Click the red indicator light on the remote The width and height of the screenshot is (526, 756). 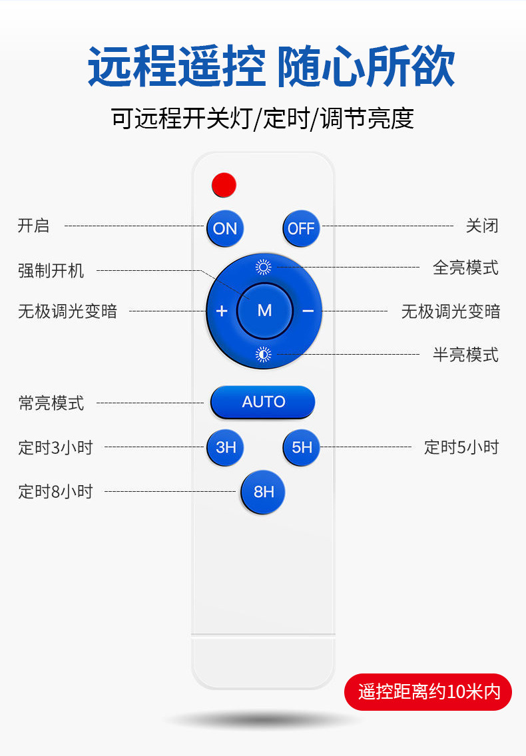tap(224, 184)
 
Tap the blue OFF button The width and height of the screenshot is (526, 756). tap(301, 228)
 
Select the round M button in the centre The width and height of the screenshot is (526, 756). tap(264, 310)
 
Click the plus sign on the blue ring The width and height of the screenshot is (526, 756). tap(222, 311)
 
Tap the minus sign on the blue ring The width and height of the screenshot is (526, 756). tap(308, 311)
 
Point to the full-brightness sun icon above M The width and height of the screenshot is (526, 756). tap(264, 267)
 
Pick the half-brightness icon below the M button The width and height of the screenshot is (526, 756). tap(264, 355)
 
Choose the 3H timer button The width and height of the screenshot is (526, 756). tap(226, 447)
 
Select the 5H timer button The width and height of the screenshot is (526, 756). tap(302, 447)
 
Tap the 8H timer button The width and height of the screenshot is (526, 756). tap(264, 492)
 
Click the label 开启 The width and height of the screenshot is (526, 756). tap(33, 226)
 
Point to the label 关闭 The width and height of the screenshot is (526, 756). tap(482, 226)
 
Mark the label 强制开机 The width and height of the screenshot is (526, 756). tap(51, 271)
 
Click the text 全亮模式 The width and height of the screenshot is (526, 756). tap(465, 268)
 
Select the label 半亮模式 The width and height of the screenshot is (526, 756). tap(465, 355)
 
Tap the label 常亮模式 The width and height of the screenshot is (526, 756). tap(51, 403)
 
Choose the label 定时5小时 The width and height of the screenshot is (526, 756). tap(461, 447)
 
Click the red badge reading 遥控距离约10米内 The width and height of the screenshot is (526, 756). tap(428, 691)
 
